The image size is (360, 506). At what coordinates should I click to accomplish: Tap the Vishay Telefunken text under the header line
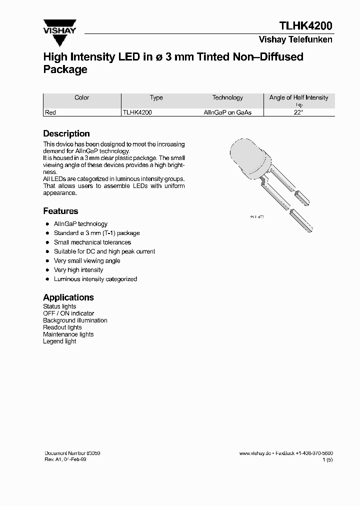click(x=295, y=40)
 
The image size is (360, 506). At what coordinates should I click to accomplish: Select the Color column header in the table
click(x=81, y=98)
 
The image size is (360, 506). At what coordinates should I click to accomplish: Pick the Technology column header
click(x=227, y=98)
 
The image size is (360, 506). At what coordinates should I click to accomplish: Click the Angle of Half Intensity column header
click(x=298, y=98)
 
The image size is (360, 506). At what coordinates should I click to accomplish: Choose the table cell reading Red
click(x=50, y=112)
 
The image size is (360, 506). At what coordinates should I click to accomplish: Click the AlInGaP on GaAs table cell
click(x=227, y=112)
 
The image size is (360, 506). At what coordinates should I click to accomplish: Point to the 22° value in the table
click(x=299, y=112)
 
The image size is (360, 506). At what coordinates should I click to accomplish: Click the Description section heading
click(x=66, y=133)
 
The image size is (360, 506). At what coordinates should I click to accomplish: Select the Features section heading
click(x=60, y=211)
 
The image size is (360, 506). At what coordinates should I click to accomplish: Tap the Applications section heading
click(x=68, y=297)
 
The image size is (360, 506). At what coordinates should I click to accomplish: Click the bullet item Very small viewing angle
click(x=87, y=260)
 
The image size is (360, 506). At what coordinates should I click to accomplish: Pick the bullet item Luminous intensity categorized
click(x=95, y=279)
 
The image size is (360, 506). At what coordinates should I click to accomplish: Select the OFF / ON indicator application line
click(x=68, y=313)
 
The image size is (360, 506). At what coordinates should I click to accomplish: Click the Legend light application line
click(x=59, y=341)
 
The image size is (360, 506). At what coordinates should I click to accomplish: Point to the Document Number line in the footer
click(x=72, y=453)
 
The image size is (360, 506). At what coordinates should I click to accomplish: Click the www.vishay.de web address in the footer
click(x=255, y=453)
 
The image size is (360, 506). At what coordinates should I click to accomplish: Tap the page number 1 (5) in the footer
click(x=327, y=459)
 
